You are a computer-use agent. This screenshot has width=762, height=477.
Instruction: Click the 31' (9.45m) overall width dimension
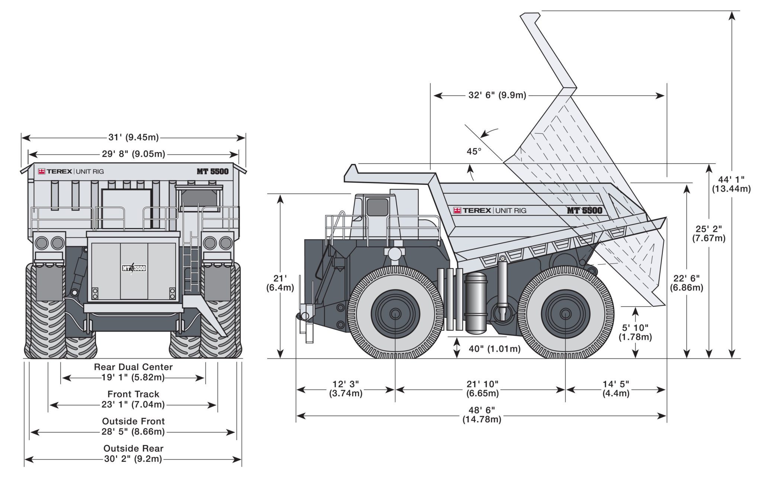[x=133, y=138]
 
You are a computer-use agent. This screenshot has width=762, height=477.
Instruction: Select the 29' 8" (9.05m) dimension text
[x=134, y=154]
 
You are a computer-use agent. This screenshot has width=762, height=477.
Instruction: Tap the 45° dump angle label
[x=474, y=151]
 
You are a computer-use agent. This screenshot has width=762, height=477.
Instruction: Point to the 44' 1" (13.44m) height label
[x=731, y=184]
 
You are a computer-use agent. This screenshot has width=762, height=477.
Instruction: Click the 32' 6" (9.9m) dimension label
[x=497, y=95]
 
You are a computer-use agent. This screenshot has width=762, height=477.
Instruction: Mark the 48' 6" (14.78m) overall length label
[x=481, y=414]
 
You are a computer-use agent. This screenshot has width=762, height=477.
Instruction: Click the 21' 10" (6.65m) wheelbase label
[x=482, y=388]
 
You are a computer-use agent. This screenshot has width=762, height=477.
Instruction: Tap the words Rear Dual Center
[x=133, y=367]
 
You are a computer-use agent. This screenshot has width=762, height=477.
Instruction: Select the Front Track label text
[x=133, y=394]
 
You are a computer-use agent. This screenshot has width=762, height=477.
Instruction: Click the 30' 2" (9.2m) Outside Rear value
[x=133, y=459]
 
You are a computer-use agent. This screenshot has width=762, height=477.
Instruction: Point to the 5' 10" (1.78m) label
[x=635, y=332]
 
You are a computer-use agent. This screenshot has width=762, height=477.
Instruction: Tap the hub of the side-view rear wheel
[x=565, y=314]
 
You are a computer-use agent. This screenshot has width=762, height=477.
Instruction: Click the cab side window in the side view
[x=377, y=207]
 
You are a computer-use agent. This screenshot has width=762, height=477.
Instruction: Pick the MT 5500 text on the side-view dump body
[x=584, y=210]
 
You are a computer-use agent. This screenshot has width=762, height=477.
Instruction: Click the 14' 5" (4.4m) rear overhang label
[x=616, y=388]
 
